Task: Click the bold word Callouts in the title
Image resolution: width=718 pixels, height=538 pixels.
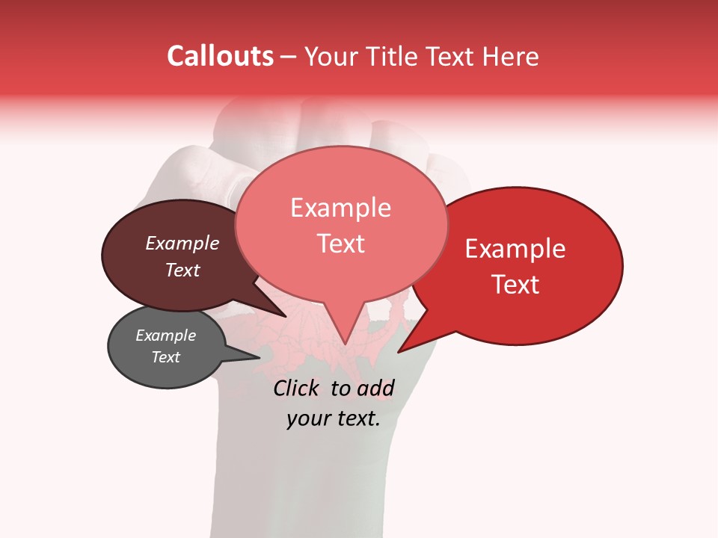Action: click(220, 56)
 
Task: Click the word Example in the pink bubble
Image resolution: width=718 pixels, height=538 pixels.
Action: click(340, 208)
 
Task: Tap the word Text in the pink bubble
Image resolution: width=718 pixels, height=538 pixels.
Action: click(340, 244)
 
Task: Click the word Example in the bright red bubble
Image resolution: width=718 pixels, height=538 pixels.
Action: click(515, 249)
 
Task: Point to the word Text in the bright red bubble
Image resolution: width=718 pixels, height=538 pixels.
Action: click(515, 285)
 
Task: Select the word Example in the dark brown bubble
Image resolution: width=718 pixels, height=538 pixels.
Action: click(182, 244)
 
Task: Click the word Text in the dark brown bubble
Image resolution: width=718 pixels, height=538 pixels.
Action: click(182, 270)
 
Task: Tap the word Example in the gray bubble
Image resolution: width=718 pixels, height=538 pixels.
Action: click(165, 336)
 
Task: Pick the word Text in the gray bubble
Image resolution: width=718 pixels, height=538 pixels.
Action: click(165, 357)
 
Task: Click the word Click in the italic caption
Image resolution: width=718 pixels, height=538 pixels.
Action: click(298, 388)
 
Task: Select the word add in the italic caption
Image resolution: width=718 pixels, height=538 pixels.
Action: click(375, 388)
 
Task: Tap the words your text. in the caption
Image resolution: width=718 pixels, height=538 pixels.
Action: click(333, 419)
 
